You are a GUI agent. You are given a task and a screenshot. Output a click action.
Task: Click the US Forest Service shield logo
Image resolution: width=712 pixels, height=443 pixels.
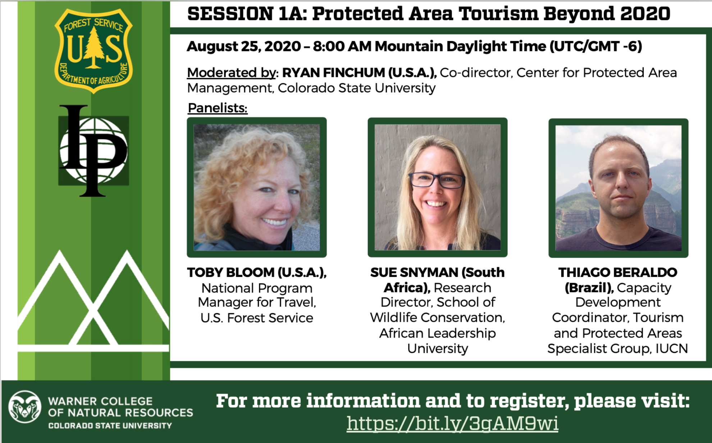tap(93, 51)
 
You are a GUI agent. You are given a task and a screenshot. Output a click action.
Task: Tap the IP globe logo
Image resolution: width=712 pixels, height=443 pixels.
tap(93, 151)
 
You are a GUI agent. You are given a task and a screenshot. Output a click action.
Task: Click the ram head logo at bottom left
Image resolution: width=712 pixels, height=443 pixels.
tap(25, 411)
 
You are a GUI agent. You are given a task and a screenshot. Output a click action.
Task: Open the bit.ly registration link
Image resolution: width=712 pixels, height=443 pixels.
tap(452, 423)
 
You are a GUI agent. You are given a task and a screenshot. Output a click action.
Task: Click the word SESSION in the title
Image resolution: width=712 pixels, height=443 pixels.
tap(231, 14)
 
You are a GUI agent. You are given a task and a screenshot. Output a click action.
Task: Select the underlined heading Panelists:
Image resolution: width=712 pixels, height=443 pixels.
tap(218, 108)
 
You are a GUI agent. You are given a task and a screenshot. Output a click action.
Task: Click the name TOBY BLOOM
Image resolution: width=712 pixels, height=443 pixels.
tap(231, 273)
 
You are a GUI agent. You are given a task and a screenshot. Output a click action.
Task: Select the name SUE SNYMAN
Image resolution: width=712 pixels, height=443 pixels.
tap(414, 273)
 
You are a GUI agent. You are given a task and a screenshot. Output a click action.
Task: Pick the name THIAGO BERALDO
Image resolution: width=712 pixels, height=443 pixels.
tap(618, 273)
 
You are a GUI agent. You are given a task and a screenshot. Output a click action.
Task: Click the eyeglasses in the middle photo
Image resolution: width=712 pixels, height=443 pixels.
tap(437, 179)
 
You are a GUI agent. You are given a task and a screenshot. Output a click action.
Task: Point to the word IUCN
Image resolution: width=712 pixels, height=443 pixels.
tap(671, 348)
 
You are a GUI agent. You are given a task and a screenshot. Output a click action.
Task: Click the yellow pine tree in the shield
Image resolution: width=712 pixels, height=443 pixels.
tap(93, 47)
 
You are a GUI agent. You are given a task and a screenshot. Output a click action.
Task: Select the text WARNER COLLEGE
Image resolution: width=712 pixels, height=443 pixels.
tap(100, 401)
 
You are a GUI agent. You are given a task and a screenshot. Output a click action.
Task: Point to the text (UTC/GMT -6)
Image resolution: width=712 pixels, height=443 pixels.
tap(595, 46)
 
